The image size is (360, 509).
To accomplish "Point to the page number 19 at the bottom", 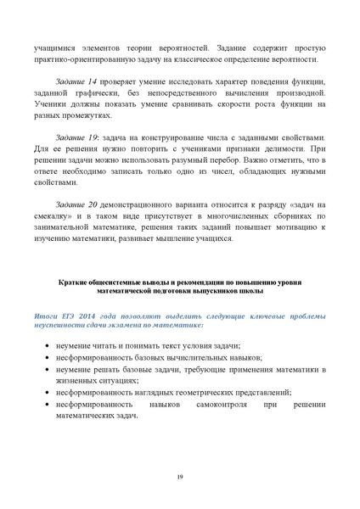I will (x=180, y=478).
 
